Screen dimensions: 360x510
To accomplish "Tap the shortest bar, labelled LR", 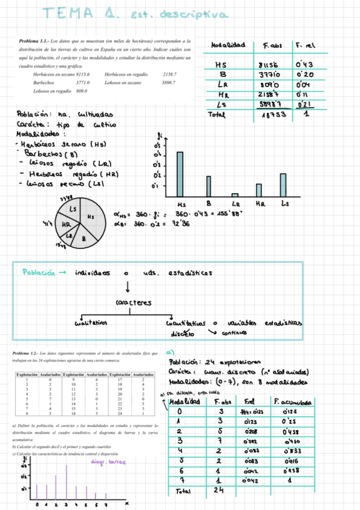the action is pyautogui.click(x=235, y=194).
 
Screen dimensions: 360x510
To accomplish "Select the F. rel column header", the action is pyautogui.click(x=302, y=46).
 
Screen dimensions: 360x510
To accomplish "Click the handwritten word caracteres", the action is pyautogui.click(x=133, y=304).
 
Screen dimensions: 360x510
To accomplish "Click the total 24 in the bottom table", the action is pyautogui.click(x=219, y=491).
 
